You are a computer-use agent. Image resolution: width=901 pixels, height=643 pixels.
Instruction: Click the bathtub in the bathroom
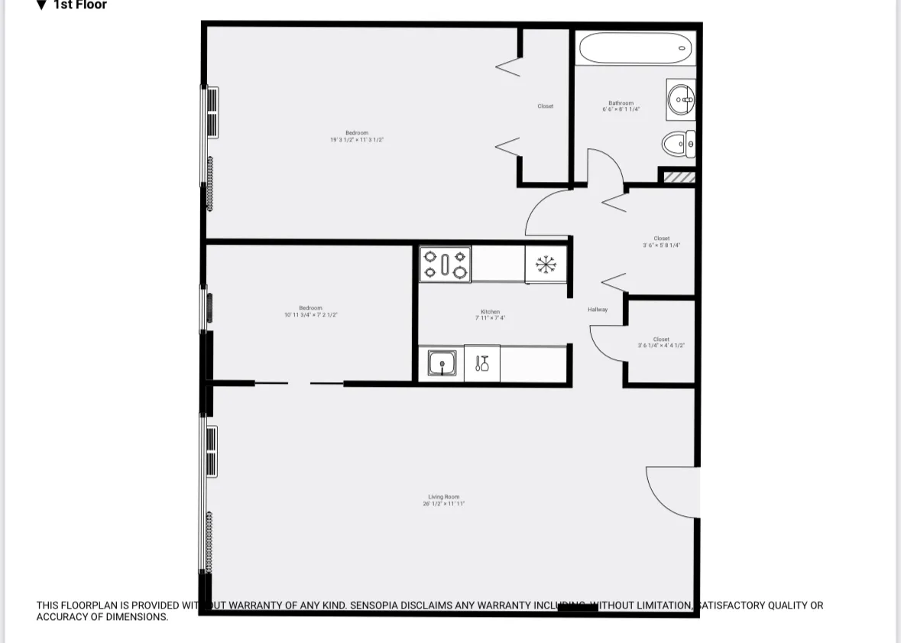coord(636,48)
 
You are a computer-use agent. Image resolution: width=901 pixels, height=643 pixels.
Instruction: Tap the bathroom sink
coord(680,99)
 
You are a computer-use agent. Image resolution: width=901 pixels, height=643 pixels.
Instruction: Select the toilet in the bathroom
coord(678,143)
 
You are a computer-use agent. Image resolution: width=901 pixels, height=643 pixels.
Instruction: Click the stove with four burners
coord(445,264)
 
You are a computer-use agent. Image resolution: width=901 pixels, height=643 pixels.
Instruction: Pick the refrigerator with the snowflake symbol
coord(546,265)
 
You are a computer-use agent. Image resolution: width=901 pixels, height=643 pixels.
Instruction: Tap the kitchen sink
coord(442,363)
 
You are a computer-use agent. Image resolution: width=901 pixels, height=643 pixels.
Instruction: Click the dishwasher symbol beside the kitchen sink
coord(482,363)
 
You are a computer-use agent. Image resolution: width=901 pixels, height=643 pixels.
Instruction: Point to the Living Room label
coord(444,497)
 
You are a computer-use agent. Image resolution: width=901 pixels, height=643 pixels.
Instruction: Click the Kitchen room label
coord(490,312)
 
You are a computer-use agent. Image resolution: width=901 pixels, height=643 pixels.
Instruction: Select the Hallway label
coord(598,310)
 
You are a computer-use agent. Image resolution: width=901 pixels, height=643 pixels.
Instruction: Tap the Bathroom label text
coord(621,103)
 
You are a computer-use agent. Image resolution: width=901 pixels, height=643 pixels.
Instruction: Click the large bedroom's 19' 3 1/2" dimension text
coord(357,140)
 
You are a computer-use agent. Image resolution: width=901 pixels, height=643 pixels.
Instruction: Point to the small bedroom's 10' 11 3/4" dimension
coord(310,314)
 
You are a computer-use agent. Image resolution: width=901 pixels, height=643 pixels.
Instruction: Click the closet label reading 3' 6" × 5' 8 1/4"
coord(662,245)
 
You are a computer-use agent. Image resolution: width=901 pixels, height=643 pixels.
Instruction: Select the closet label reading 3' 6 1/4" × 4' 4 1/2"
coord(662,346)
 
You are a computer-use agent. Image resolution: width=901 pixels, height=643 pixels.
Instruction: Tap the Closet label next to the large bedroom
coord(545,106)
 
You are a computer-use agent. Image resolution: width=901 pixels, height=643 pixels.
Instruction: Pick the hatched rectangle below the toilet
coord(679,177)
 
